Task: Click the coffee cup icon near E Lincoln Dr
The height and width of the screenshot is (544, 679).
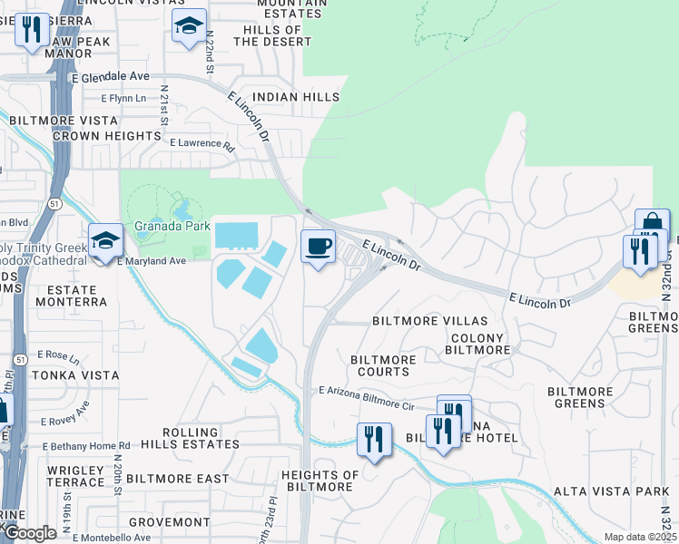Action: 318,247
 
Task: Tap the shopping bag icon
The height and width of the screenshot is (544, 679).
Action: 652,225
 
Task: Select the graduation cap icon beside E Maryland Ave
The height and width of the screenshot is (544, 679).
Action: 105,240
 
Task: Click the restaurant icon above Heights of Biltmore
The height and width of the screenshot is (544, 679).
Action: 374,440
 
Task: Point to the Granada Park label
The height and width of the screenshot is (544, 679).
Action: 172,226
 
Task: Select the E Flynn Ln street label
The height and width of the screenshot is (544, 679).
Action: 123,98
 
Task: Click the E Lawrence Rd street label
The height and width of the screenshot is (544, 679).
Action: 202,143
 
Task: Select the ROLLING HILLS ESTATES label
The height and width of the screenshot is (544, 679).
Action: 202,439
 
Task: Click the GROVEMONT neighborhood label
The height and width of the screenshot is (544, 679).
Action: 170,523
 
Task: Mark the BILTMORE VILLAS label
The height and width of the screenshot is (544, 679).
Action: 429,322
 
